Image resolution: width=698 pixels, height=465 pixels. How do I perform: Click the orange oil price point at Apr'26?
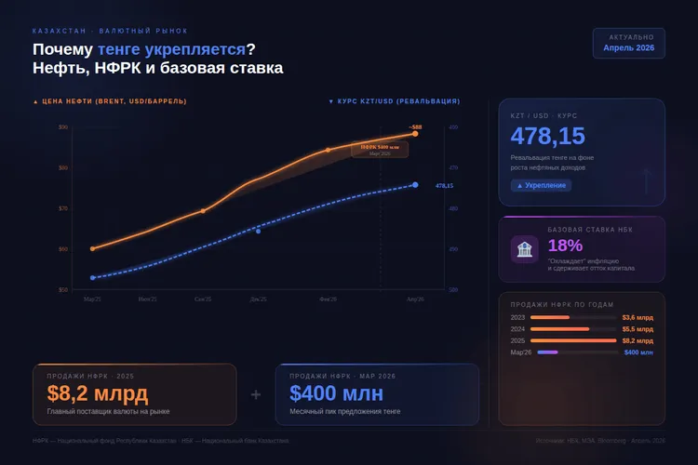click(415, 134)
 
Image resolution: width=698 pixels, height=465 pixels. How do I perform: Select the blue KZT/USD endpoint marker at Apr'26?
click(415, 185)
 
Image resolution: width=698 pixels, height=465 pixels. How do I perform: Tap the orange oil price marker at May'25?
click(93, 248)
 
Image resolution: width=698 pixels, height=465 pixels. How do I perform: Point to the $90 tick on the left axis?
click(63, 126)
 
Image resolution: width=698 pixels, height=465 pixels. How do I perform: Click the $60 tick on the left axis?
click(63, 248)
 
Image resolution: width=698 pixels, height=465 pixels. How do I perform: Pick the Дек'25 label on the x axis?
click(258, 299)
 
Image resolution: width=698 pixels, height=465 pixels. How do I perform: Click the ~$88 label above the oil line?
click(415, 126)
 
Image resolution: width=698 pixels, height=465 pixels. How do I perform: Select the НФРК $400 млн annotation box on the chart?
click(379, 149)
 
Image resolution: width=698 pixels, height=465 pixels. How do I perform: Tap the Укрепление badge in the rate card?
click(541, 185)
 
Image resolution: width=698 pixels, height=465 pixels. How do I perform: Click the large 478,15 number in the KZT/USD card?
click(548, 137)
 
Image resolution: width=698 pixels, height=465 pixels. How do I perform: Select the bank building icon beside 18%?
click(524, 248)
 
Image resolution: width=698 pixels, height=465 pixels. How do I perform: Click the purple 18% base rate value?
click(565, 246)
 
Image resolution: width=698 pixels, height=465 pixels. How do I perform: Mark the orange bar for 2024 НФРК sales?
click(559, 328)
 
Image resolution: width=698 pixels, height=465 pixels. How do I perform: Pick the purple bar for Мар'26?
click(547, 352)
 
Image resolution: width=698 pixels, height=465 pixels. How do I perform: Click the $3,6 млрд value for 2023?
click(638, 317)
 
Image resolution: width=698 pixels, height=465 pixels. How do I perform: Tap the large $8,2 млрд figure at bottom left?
click(98, 393)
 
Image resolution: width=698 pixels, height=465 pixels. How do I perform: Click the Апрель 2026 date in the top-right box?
click(628, 46)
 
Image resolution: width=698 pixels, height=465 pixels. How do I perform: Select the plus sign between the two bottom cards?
click(256, 394)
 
